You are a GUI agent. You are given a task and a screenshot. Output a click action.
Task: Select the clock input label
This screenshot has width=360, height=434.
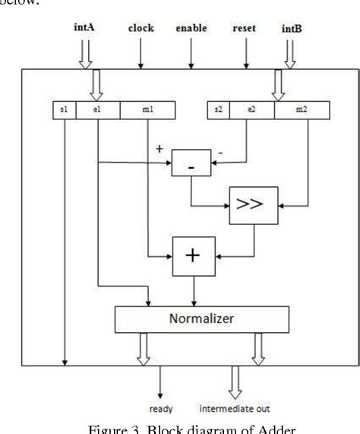pyautogui.click(x=140, y=29)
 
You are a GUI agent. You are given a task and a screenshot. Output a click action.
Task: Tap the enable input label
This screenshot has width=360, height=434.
pyautogui.click(x=191, y=29)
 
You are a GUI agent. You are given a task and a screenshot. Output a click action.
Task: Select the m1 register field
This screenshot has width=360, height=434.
pyautogui.click(x=147, y=112)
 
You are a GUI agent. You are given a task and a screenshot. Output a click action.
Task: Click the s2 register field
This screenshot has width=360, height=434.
pyautogui.click(x=219, y=112)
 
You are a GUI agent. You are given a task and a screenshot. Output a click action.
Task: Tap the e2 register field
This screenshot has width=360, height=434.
pyautogui.click(x=251, y=112)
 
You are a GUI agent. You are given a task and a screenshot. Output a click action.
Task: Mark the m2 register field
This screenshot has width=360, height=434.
pyautogui.click(x=301, y=112)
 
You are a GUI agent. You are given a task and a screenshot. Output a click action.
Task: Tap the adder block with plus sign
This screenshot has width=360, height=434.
pyautogui.click(x=191, y=257)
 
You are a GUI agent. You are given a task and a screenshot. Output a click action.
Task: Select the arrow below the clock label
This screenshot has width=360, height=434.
pyautogui.click(x=140, y=52)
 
